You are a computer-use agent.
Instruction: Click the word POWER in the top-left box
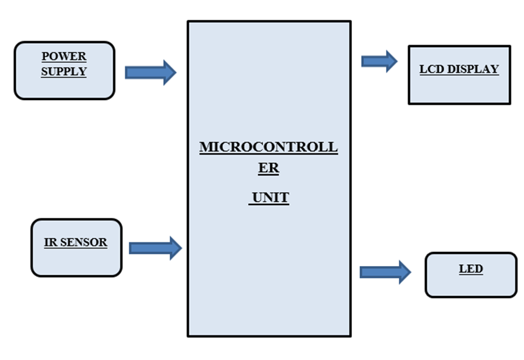pyautogui.click(x=64, y=57)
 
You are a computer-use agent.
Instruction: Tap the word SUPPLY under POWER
pyautogui.click(x=64, y=71)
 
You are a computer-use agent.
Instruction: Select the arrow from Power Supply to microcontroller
pyautogui.click(x=150, y=73)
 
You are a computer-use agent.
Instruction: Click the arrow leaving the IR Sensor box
pyautogui.click(x=155, y=248)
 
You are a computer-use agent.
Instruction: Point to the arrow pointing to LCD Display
pyautogui.click(x=379, y=61)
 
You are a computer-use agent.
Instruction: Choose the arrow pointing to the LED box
pyautogui.click(x=385, y=272)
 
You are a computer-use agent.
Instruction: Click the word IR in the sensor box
pyautogui.click(x=51, y=242)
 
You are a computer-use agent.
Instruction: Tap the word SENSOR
pyautogui.click(x=83, y=242)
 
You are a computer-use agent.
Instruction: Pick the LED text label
pyautogui.click(x=470, y=269)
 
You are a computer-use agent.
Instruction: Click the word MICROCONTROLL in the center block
pyautogui.click(x=268, y=148)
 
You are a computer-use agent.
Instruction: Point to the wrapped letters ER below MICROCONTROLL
pyautogui.click(x=268, y=170)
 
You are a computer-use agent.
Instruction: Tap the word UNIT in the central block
pyautogui.click(x=270, y=198)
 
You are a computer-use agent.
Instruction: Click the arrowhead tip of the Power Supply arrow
pyautogui.click(x=175, y=73)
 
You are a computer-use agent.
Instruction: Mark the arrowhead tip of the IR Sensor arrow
pyautogui.click(x=181, y=248)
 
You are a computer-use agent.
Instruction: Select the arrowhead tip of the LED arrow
pyautogui.click(x=411, y=272)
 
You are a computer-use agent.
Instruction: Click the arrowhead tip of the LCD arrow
pyautogui.click(x=397, y=61)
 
